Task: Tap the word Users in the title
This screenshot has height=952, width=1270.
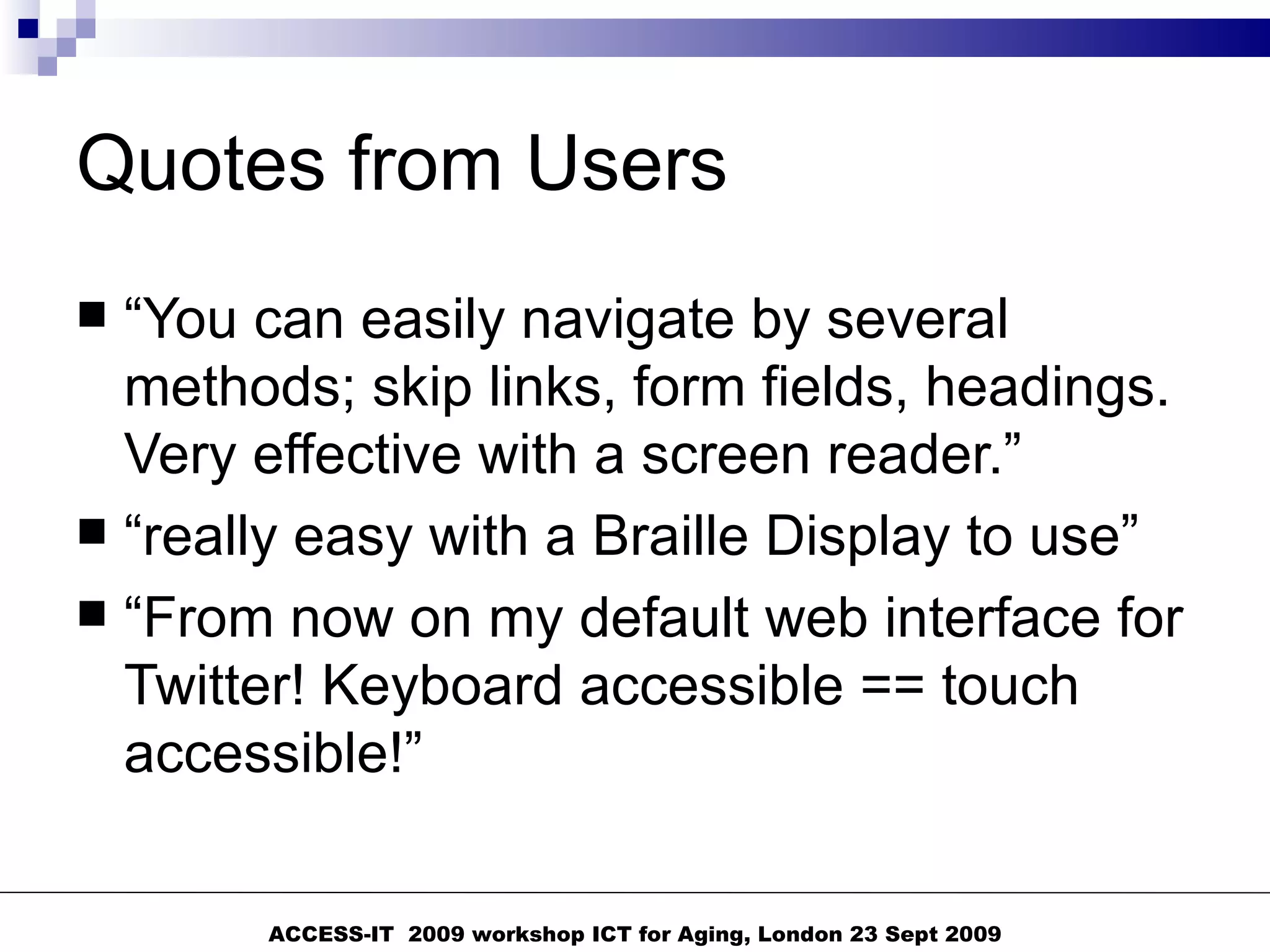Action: [x=626, y=165]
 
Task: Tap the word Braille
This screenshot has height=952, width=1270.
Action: [x=670, y=536]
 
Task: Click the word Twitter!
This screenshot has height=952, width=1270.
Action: [x=215, y=685]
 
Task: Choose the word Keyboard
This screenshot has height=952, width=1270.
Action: [x=442, y=687]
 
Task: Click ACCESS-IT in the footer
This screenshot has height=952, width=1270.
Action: [x=331, y=934]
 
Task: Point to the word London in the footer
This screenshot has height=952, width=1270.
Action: [x=801, y=934]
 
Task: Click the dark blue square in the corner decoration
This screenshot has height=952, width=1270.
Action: [x=29, y=29]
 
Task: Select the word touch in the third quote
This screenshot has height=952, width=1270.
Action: [x=1010, y=685]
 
